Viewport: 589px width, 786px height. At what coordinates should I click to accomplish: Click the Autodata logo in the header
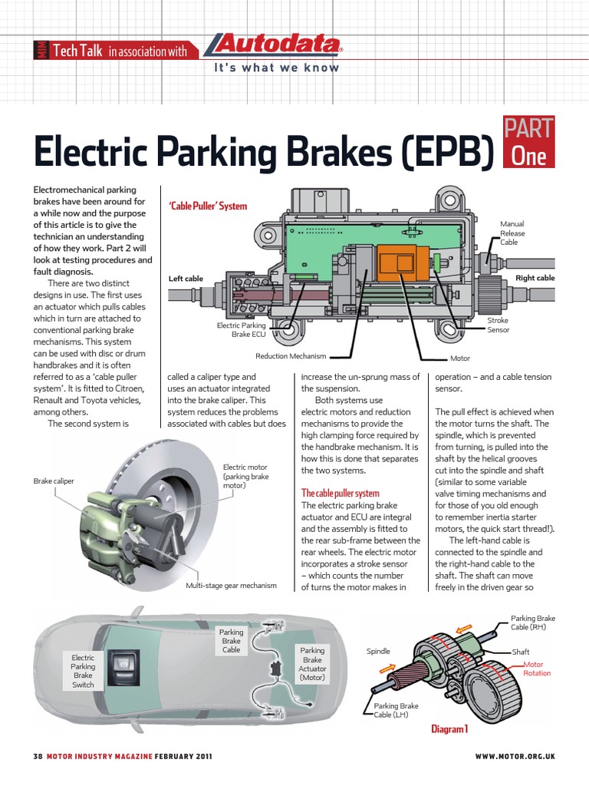click(273, 48)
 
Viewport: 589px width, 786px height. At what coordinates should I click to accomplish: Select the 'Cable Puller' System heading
click(206, 206)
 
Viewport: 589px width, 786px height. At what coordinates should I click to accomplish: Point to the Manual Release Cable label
click(512, 233)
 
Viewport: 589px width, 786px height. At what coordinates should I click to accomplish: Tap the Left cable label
click(186, 279)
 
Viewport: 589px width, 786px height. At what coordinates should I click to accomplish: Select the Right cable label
click(535, 278)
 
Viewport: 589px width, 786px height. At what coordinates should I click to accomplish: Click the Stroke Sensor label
click(498, 325)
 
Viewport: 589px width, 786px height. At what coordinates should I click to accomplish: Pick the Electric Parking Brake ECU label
click(241, 330)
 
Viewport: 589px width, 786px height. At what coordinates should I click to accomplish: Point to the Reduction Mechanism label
click(291, 356)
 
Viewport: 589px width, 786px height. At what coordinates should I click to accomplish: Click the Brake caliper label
click(54, 481)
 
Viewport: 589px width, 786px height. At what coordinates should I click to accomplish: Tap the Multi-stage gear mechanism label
click(231, 586)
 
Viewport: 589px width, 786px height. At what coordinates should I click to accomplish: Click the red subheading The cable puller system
click(340, 493)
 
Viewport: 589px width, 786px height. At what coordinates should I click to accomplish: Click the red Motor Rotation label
click(537, 669)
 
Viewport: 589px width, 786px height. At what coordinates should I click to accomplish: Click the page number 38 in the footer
click(37, 757)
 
